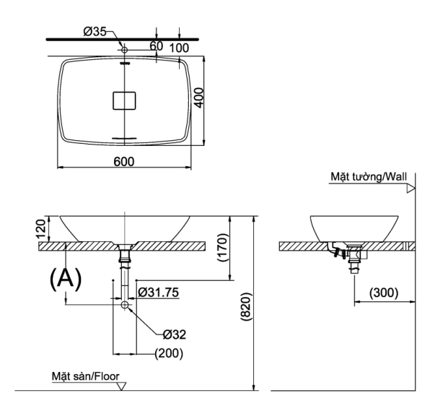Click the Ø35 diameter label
95,31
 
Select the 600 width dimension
124,161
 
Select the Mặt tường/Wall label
366,176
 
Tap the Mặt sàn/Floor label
85,377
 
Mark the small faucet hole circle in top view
124,50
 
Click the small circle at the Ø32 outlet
125,306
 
